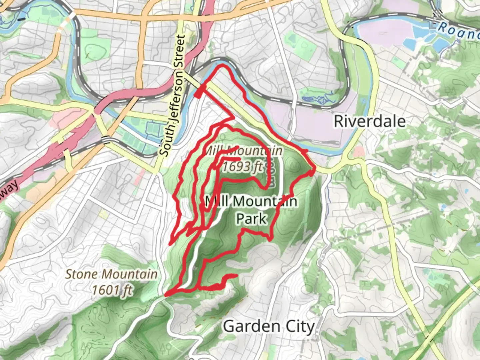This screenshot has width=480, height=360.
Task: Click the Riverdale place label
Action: coord(370,121)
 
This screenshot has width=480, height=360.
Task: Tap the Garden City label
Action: coord(269,327)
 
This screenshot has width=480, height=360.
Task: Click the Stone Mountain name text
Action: coord(111,274)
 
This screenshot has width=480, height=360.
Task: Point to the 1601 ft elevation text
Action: coord(112,290)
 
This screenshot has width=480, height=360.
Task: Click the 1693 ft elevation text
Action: coord(242,166)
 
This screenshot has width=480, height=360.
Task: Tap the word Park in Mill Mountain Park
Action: coord(251,219)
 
